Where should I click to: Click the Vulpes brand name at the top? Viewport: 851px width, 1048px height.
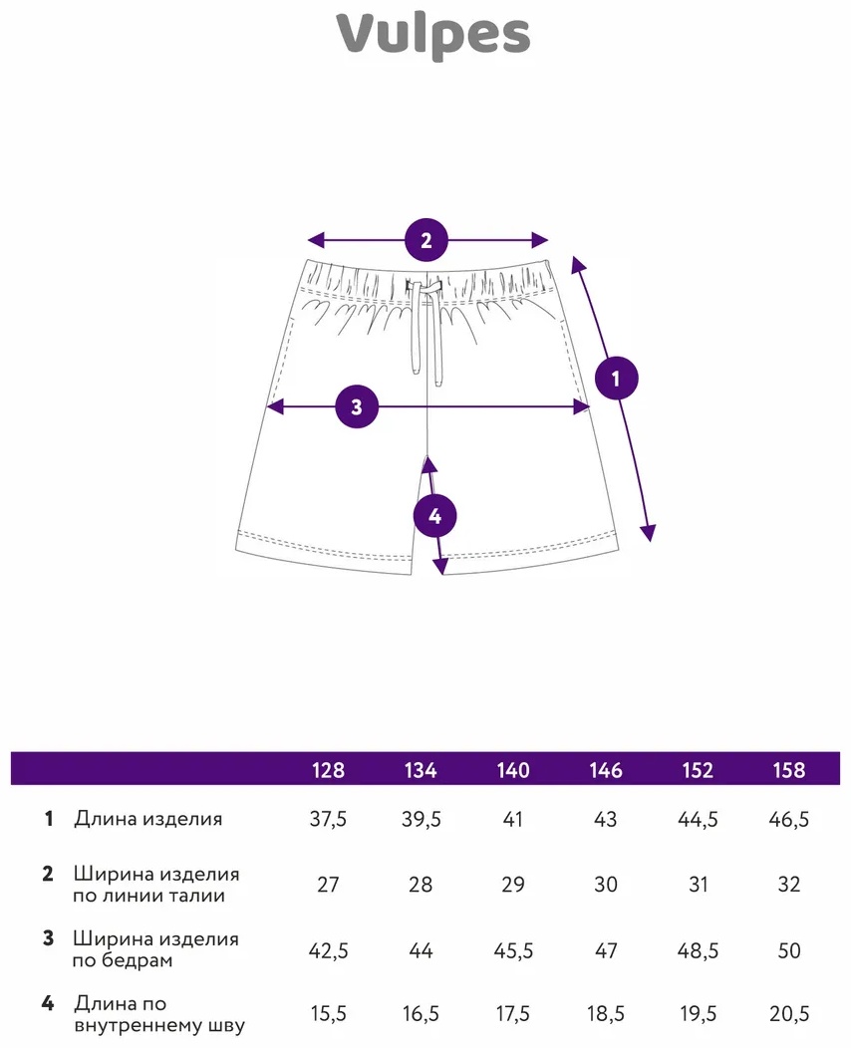point(433,36)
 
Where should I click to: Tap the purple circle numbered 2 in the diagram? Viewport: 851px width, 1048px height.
point(426,240)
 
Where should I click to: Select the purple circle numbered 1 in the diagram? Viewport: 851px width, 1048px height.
point(617,379)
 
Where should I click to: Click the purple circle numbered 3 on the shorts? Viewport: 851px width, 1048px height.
point(357,406)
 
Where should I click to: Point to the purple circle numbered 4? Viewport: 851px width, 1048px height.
point(434,516)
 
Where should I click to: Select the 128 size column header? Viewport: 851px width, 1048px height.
point(328,770)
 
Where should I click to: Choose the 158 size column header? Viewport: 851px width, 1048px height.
point(789,770)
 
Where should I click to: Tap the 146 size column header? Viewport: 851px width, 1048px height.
point(606,770)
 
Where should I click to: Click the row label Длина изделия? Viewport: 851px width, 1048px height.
point(148,819)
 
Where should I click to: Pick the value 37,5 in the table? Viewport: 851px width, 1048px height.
point(328,819)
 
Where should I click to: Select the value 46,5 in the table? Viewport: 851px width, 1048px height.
point(789,819)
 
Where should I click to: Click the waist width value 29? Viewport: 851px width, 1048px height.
point(513,885)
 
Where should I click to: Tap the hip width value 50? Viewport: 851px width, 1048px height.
point(789,949)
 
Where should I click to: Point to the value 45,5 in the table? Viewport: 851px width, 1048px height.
point(513,949)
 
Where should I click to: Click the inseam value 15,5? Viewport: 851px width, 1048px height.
point(328,1013)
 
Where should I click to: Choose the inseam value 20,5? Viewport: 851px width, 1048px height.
point(789,1013)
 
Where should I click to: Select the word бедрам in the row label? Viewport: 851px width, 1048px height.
point(137,960)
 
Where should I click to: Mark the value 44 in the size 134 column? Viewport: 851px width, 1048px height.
point(421,949)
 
